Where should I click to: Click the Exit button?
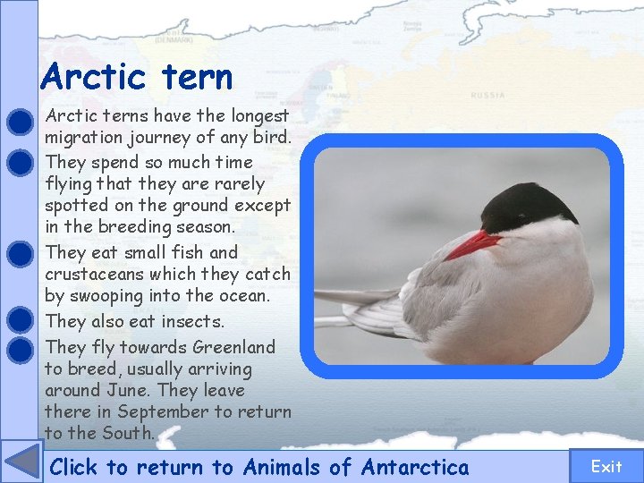[606, 466]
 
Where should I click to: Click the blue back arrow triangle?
[21, 462]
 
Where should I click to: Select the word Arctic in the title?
[94, 76]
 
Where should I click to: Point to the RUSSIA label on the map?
[488, 95]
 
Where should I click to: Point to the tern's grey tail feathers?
[358, 304]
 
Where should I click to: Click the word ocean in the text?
[242, 295]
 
